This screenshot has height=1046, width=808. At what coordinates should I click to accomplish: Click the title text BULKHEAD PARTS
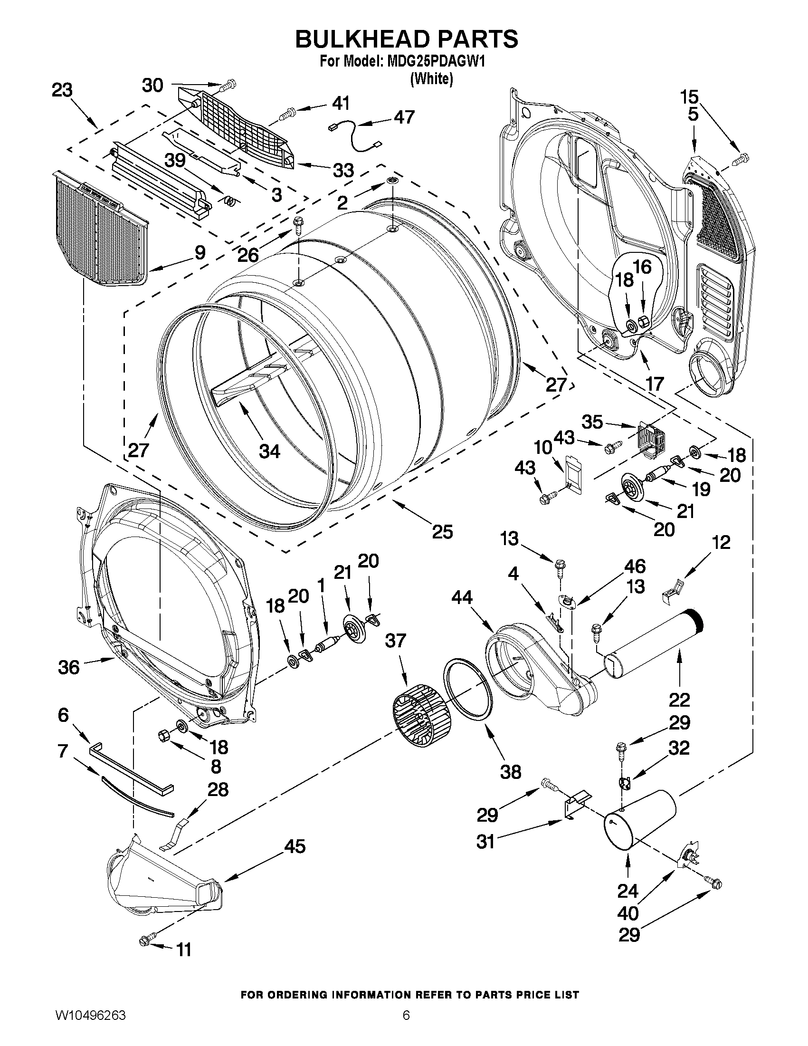(x=406, y=39)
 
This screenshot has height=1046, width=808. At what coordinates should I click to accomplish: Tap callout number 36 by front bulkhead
(x=68, y=667)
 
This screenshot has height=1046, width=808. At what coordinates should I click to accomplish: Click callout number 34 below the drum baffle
(x=269, y=451)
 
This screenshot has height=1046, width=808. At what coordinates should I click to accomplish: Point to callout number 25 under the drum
(x=442, y=532)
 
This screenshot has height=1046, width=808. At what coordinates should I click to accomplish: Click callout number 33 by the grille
(x=343, y=170)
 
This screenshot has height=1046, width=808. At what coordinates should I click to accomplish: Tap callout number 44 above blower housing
(x=462, y=597)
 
